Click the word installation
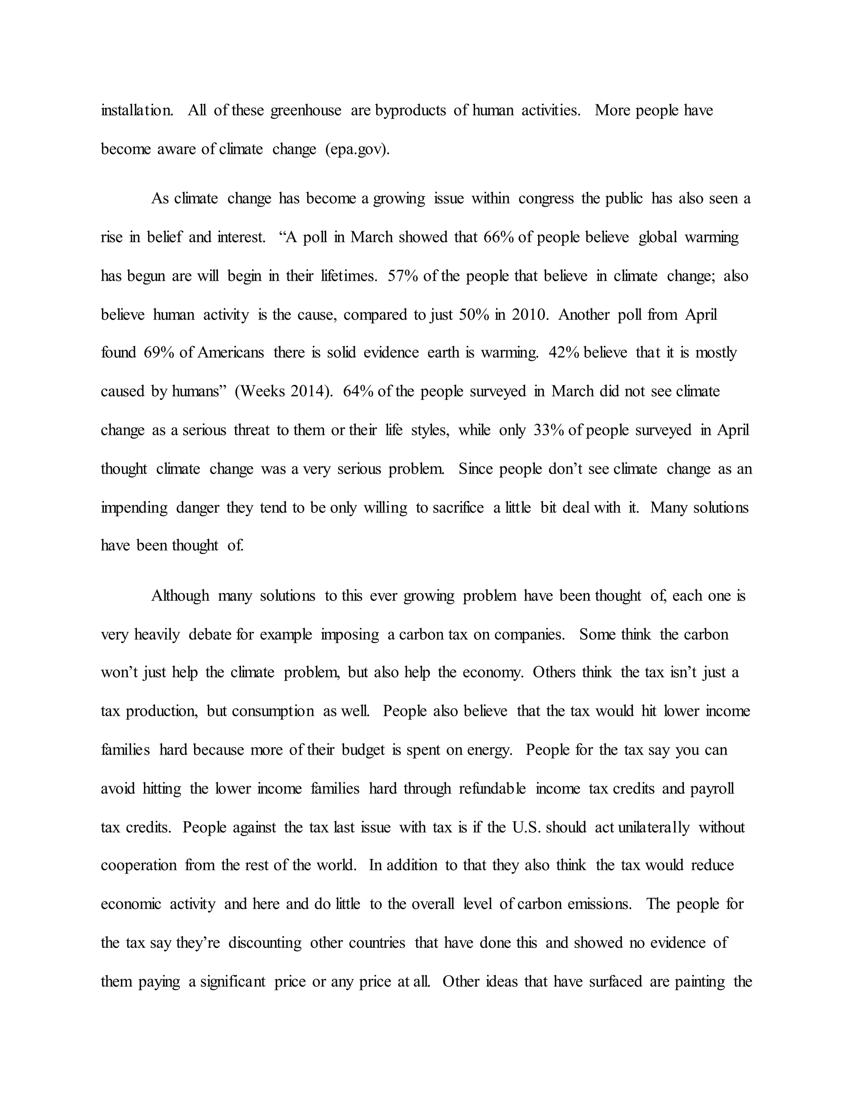click(137, 110)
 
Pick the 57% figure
click(403, 276)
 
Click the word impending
click(134, 508)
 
